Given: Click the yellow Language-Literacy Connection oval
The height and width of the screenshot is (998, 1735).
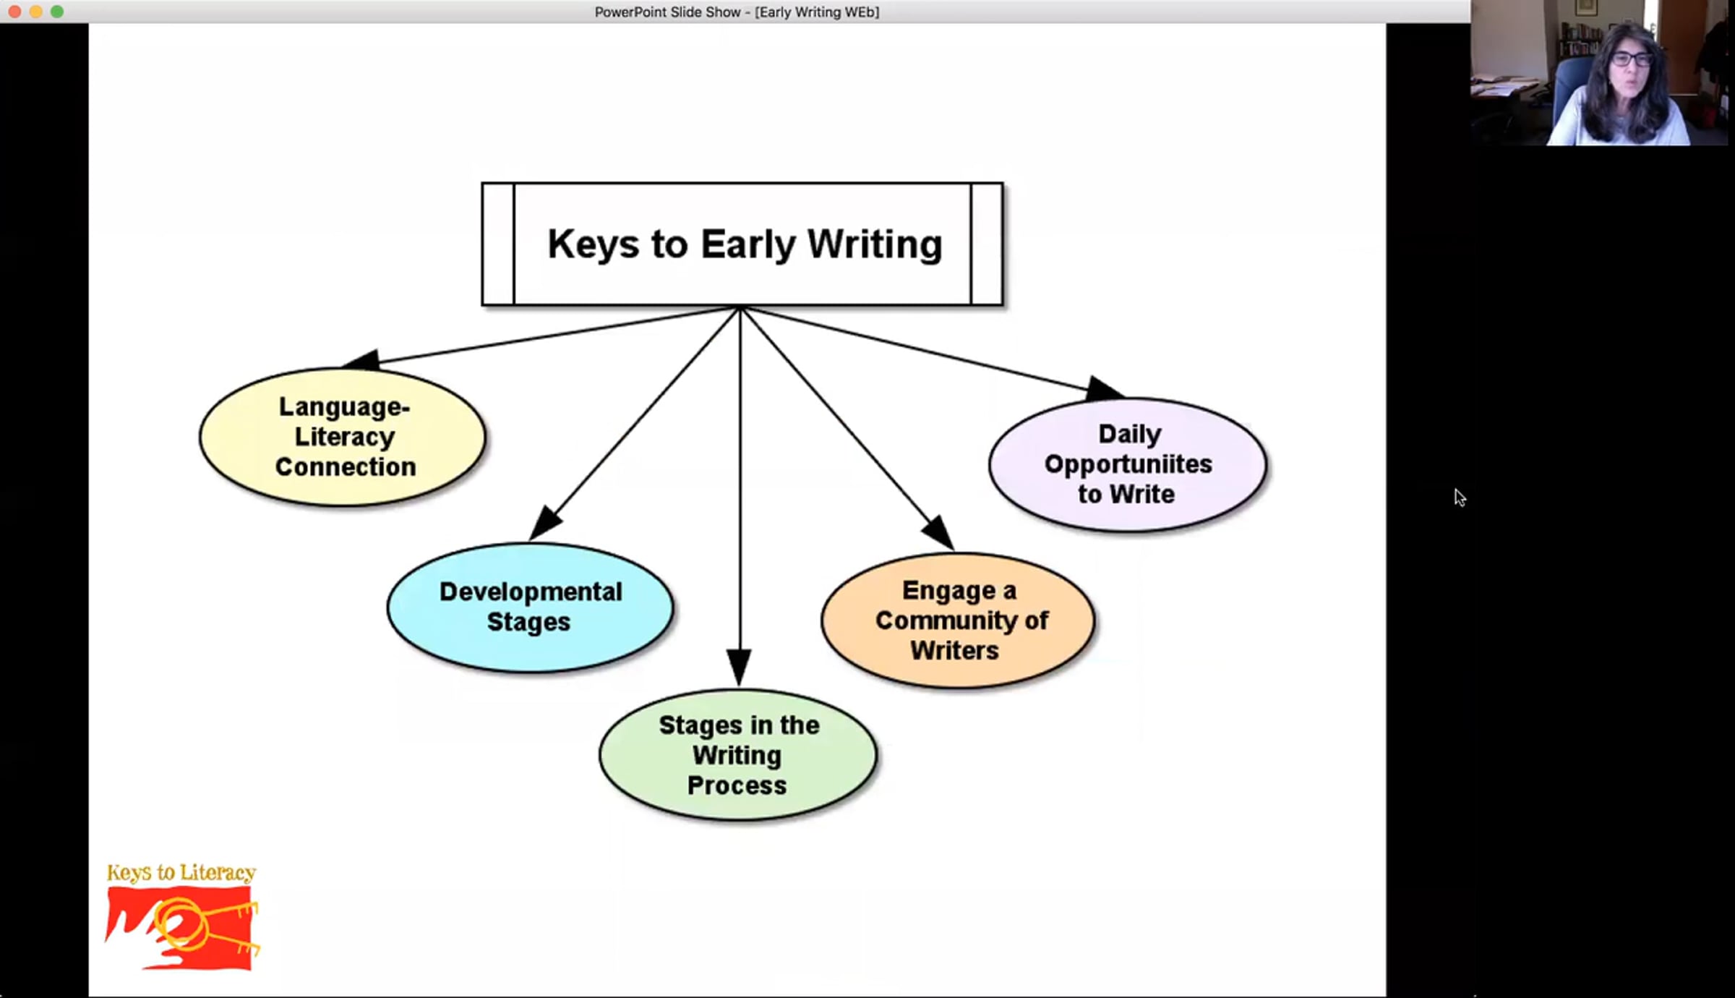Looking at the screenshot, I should [x=343, y=437].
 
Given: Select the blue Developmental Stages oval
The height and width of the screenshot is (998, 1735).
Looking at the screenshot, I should [x=530, y=607].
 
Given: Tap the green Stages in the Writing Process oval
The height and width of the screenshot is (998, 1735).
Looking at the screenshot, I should [x=738, y=755].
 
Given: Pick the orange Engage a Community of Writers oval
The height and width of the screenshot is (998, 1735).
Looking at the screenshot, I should [x=958, y=620].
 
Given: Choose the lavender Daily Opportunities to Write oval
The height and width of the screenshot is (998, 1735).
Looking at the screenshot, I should [x=1128, y=464].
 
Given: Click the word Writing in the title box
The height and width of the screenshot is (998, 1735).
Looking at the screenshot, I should [x=874, y=244].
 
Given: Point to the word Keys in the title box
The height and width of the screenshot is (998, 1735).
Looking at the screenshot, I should [x=593, y=244].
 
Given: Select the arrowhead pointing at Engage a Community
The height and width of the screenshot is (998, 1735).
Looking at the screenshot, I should [x=939, y=532].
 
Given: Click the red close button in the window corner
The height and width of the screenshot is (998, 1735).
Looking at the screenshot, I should [x=14, y=12].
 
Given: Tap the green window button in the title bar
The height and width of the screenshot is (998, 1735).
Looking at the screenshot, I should [x=57, y=12].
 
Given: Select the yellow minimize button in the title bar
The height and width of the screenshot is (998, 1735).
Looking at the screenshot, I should [x=35, y=12].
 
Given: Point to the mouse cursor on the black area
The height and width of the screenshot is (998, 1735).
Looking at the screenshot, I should [x=1460, y=497].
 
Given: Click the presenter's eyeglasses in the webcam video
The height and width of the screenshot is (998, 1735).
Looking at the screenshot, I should [x=1632, y=59].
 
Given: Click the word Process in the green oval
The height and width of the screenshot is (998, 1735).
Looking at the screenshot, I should [x=737, y=785].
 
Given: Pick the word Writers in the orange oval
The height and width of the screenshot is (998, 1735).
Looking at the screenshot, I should [x=954, y=651].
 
